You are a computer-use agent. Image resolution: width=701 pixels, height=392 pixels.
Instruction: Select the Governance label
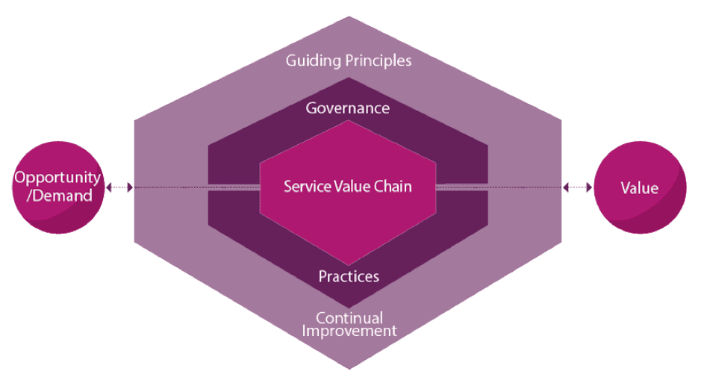(x=348, y=108)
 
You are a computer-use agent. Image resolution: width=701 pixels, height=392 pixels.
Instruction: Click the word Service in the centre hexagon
(x=303, y=186)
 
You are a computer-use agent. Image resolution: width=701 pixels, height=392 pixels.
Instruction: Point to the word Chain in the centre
(x=391, y=186)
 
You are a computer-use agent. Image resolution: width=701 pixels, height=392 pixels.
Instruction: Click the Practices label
(x=349, y=276)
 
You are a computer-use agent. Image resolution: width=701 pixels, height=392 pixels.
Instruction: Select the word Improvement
(x=349, y=331)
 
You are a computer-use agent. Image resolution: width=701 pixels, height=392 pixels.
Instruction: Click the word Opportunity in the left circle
(x=57, y=178)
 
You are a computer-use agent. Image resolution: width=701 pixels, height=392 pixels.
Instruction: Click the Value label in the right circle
(x=640, y=188)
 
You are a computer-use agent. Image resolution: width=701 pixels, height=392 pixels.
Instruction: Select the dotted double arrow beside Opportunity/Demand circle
(x=119, y=187)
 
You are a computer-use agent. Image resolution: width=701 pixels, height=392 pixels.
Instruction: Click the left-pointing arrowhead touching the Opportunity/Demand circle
(x=108, y=187)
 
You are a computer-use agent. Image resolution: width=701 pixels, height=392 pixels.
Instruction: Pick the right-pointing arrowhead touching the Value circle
(x=590, y=187)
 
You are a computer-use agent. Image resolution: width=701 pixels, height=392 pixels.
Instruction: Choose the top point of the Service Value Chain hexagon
(x=348, y=121)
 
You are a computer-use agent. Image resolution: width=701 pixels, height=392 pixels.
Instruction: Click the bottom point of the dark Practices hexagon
(x=349, y=307)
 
